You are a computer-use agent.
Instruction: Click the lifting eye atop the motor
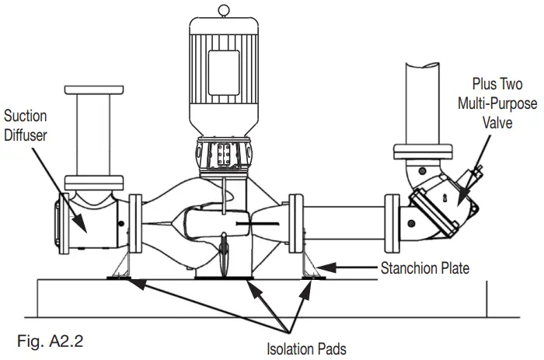pos(224,10)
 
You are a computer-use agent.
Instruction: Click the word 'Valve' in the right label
pos(500,122)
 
